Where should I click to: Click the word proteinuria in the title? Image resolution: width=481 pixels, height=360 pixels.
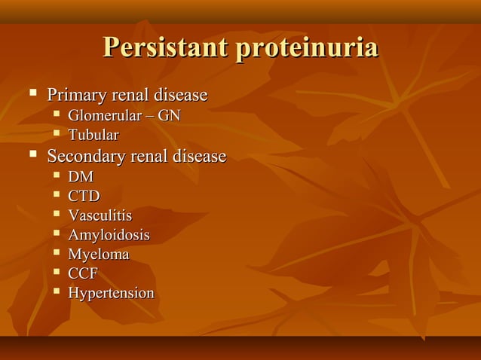tap(307, 47)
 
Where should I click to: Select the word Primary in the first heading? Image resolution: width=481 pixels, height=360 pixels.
tap(78, 96)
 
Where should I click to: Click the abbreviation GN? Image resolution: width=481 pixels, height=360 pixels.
tap(169, 116)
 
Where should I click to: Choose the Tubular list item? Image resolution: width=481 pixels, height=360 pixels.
tap(93, 136)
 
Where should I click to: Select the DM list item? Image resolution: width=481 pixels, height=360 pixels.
tap(81, 178)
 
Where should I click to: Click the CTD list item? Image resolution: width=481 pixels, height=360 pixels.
tap(84, 197)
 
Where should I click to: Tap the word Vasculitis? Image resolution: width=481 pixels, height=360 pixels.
tap(100, 216)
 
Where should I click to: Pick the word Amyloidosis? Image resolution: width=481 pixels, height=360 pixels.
tap(109, 236)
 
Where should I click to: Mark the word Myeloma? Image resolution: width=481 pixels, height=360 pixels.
tap(99, 255)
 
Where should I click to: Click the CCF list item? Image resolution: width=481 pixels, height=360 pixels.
tap(83, 274)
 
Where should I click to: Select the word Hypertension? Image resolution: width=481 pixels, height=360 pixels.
tap(111, 294)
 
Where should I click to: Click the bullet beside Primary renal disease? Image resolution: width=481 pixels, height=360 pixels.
tap(32, 95)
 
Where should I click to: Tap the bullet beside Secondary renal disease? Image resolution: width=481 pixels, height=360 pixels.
tap(32, 156)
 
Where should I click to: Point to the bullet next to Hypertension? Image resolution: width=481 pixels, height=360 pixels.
tap(57, 292)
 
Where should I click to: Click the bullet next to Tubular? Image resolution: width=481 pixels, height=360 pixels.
tap(57, 135)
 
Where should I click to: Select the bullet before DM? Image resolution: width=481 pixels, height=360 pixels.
tap(57, 176)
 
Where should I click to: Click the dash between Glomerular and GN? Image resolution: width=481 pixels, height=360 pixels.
tap(149, 117)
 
